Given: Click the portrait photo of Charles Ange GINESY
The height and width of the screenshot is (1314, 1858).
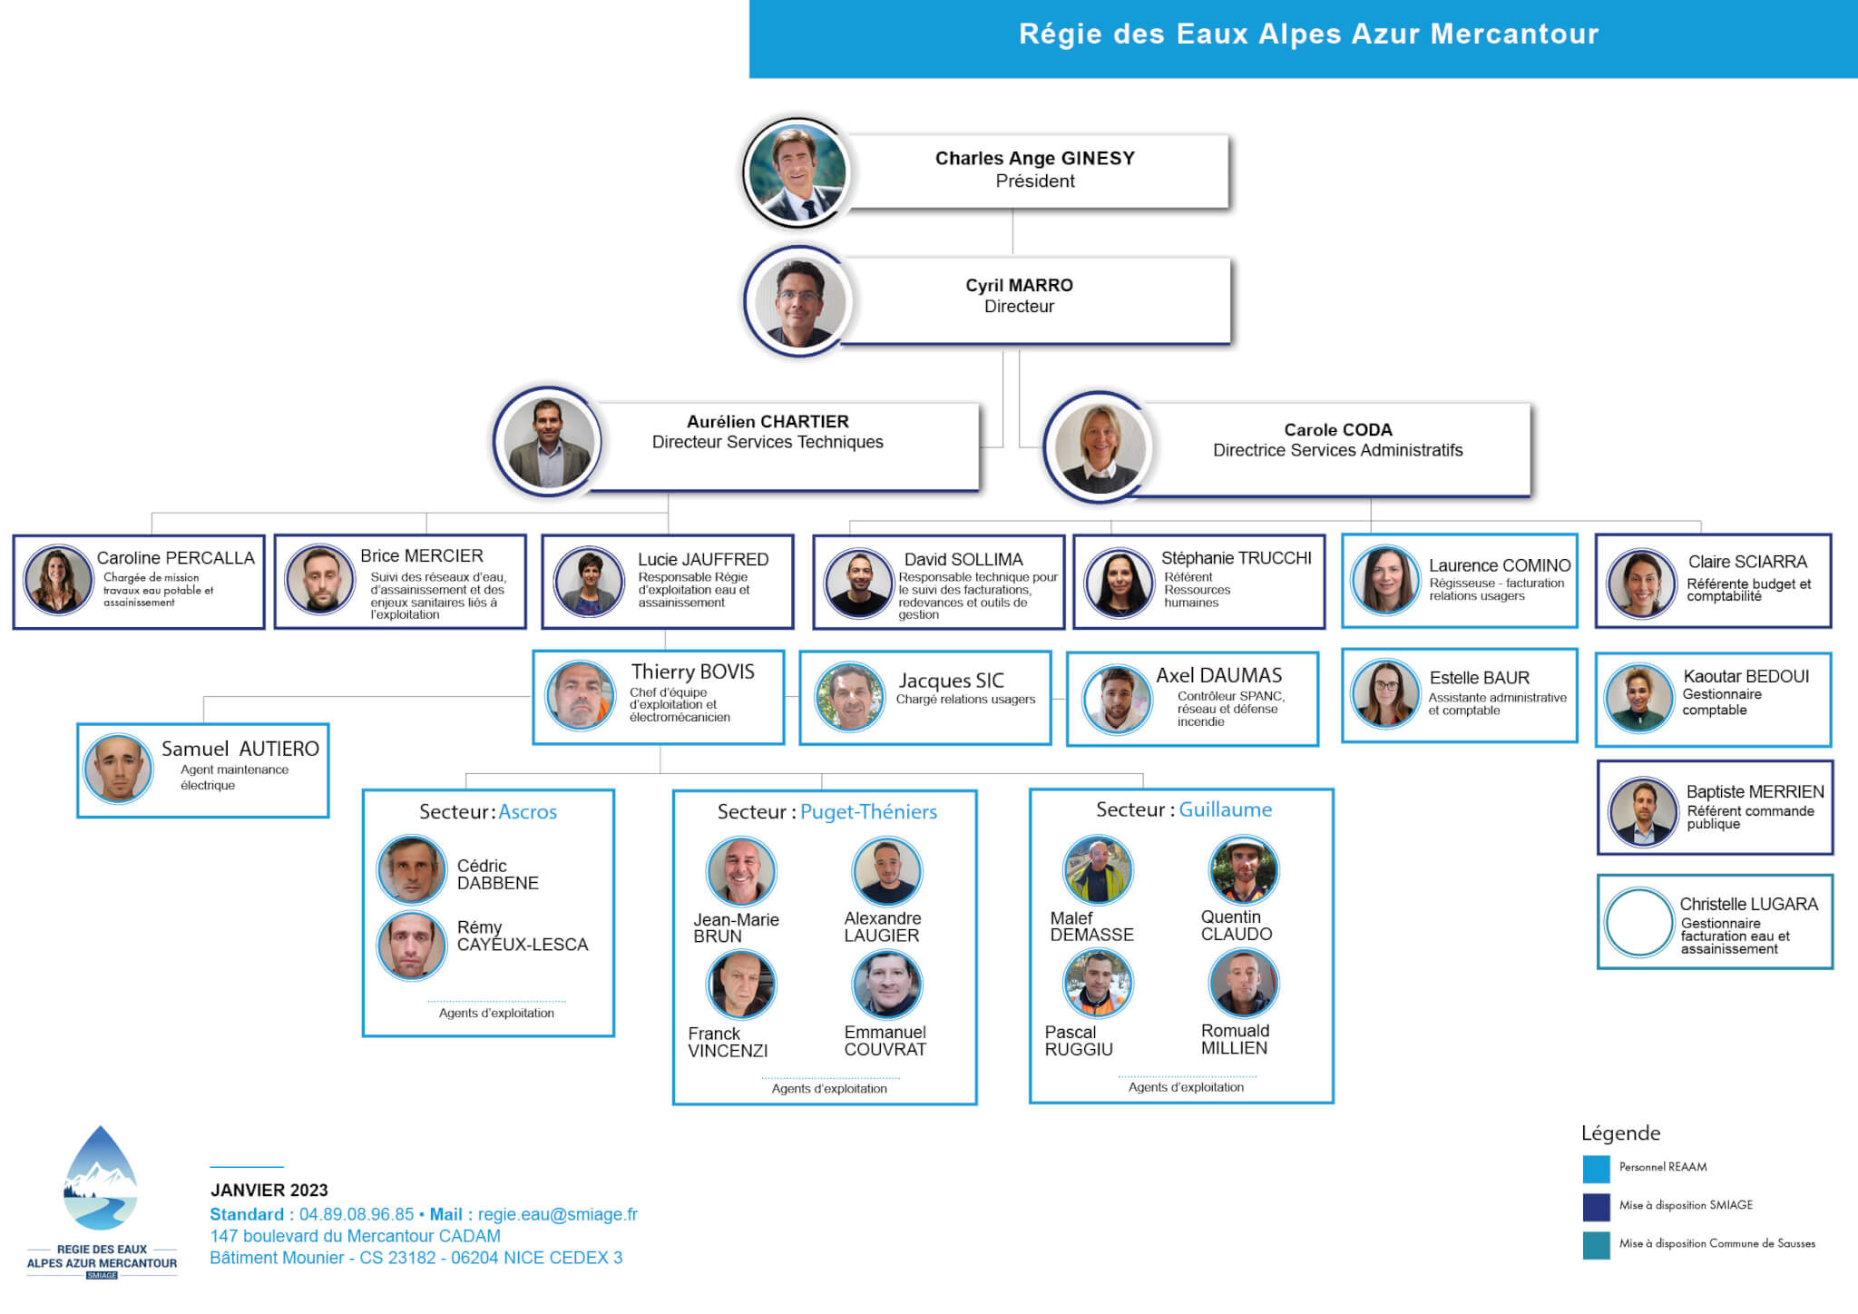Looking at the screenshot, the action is coord(797,172).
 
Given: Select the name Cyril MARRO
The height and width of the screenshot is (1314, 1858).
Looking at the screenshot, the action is coord(1019,285).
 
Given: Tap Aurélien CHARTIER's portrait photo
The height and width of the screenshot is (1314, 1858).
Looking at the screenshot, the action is coord(547,442).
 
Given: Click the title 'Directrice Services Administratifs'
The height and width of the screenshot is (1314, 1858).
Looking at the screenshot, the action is coord(1337,450).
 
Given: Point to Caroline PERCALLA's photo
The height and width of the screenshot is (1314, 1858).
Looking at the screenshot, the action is coord(58,581).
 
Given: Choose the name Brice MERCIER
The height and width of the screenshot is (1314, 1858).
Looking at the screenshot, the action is coord(422,555).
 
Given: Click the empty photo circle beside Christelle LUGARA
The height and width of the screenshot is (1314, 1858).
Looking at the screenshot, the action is coord(1638,922).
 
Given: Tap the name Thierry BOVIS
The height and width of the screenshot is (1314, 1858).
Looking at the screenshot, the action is coord(693,672).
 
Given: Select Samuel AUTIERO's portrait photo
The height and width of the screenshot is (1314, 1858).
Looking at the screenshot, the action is coord(118,768).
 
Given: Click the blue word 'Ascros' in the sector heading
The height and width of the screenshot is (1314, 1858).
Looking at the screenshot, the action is coord(528,811).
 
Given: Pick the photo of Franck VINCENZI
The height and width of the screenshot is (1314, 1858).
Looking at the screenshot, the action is coord(741,985).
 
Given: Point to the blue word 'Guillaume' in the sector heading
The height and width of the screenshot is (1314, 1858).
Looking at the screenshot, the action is coord(1225,809).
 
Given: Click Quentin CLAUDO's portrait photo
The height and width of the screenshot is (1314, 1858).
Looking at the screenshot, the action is coord(1243,870).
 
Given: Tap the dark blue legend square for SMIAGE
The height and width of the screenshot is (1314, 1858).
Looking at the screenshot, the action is coord(1597,1207).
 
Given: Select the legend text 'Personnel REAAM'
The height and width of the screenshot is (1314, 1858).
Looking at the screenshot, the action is coord(1663,1167).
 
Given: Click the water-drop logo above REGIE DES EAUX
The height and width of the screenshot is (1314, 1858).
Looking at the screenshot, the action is coord(101,1179).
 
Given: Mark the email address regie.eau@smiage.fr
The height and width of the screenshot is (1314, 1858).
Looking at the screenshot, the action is coord(558,1214).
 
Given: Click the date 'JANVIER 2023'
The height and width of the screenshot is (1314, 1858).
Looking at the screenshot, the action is coord(269,1190).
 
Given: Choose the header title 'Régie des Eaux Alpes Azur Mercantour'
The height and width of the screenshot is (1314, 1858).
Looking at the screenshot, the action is coord(1308,34).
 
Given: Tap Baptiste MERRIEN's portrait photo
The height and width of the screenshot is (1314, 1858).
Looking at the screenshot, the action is coord(1643,811).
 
